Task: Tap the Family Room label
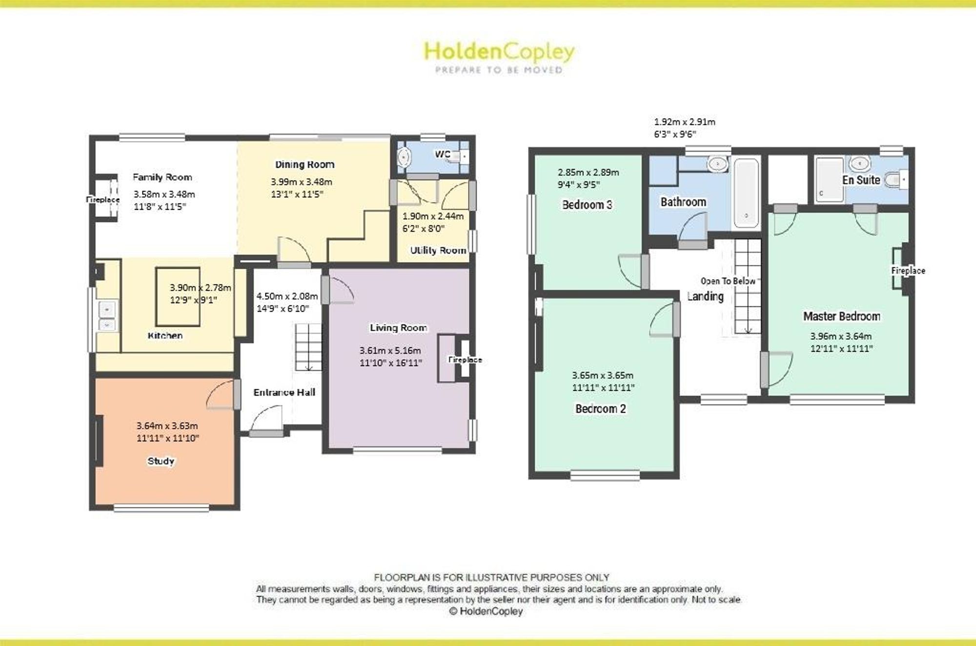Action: pyautogui.click(x=163, y=177)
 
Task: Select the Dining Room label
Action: pyautogui.click(x=305, y=164)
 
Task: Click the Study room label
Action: pyautogui.click(x=161, y=461)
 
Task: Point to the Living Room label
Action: pyautogui.click(x=398, y=328)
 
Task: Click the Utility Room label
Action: pyautogui.click(x=438, y=250)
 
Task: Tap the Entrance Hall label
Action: pyautogui.click(x=285, y=392)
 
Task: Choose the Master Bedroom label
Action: pyautogui.click(x=842, y=316)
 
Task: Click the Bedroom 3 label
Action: pyautogui.click(x=587, y=205)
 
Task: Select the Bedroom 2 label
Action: pyautogui.click(x=601, y=409)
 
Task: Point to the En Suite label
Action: pyautogui.click(x=861, y=180)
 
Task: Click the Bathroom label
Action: pyautogui.click(x=683, y=202)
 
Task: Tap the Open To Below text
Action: pyautogui.click(x=728, y=281)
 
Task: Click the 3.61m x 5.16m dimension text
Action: pyautogui.click(x=390, y=350)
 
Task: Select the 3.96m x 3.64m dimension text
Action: pyautogui.click(x=841, y=336)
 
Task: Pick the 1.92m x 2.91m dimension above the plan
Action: pyautogui.click(x=685, y=122)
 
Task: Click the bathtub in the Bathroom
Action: pyautogui.click(x=746, y=193)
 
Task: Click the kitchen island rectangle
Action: pyautogui.click(x=178, y=297)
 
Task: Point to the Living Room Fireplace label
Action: pyautogui.click(x=465, y=360)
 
